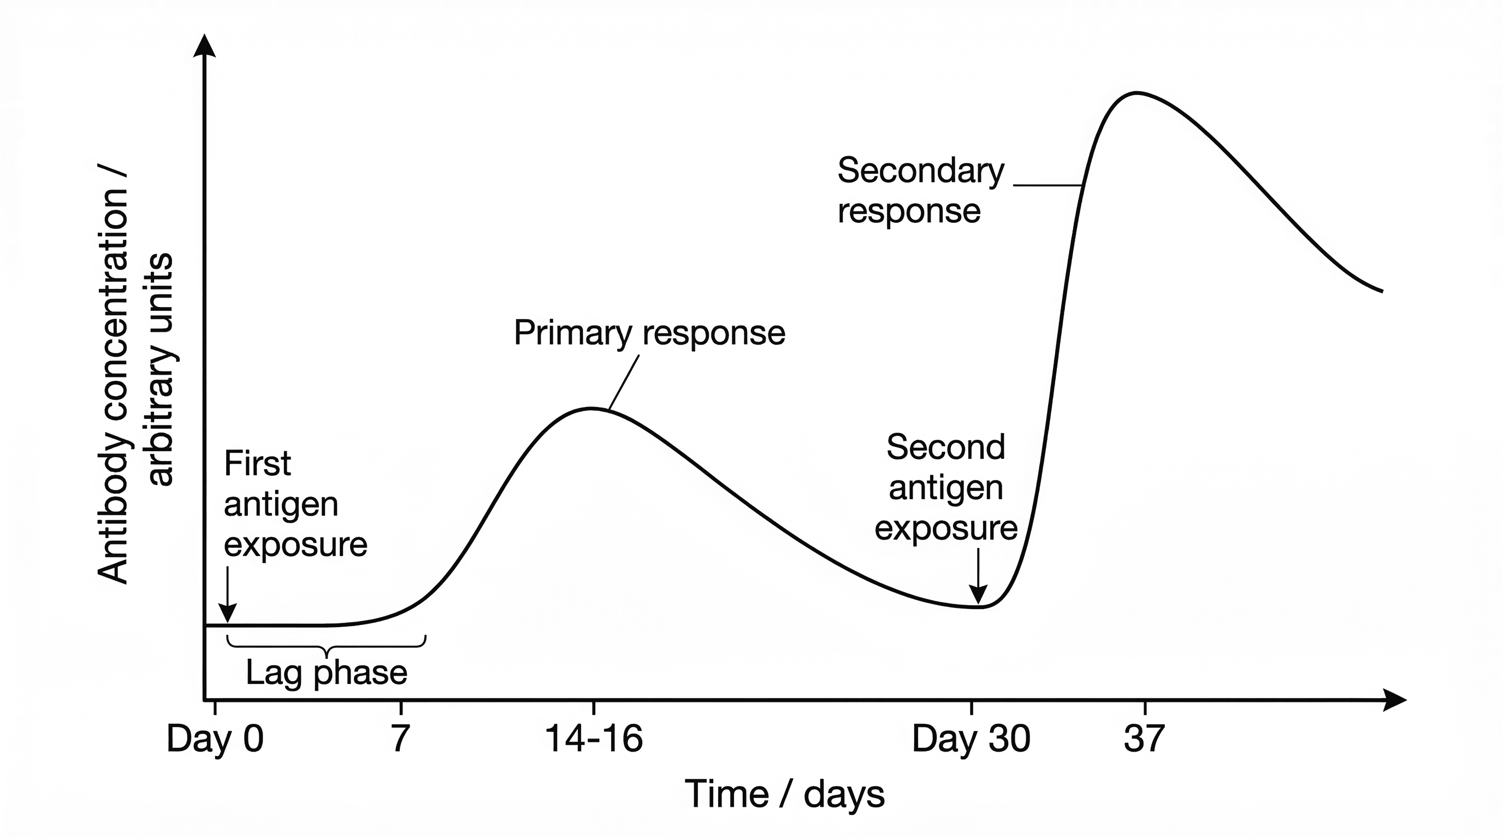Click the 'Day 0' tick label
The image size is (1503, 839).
215,738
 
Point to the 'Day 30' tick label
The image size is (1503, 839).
971,738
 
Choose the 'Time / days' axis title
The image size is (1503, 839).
784,794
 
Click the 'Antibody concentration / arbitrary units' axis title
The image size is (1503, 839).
135,374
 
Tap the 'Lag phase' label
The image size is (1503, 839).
326,673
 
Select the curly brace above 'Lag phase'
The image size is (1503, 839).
326,647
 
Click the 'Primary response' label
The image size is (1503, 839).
649,333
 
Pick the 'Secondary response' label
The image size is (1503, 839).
920,190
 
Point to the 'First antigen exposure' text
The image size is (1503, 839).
295,504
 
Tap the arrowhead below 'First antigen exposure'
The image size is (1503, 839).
227,613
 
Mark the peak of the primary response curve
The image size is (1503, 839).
590,409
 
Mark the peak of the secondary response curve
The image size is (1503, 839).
1137,93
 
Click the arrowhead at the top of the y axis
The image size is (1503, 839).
204,45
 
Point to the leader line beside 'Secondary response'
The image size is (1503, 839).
1048,186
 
